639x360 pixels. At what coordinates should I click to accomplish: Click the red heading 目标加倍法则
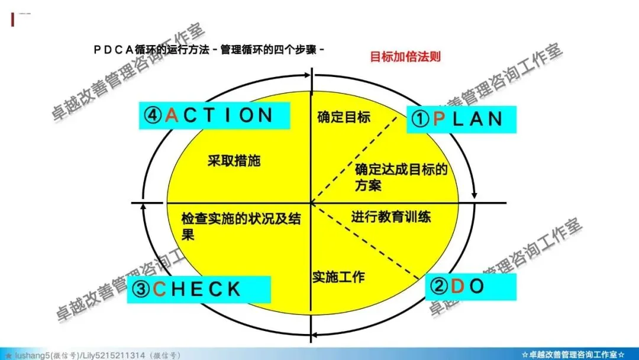tap(405, 57)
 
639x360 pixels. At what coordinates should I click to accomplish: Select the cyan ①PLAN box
tap(460, 119)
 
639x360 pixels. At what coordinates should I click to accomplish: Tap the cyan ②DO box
tap(471, 287)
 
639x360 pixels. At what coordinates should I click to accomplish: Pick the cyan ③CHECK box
tap(199, 289)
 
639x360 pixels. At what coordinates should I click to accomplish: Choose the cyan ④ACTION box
tap(215, 115)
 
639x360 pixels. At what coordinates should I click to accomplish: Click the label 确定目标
tap(344, 117)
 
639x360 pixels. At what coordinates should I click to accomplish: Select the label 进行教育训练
tap(391, 217)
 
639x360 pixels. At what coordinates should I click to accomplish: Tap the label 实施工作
tap(338, 276)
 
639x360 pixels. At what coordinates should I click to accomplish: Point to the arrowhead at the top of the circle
tap(306, 75)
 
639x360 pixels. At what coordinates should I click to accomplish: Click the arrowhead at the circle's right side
tap(474, 195)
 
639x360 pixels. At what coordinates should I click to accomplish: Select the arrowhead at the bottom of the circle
tap(315, 336)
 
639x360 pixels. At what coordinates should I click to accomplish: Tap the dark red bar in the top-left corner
tap(13, 19)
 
